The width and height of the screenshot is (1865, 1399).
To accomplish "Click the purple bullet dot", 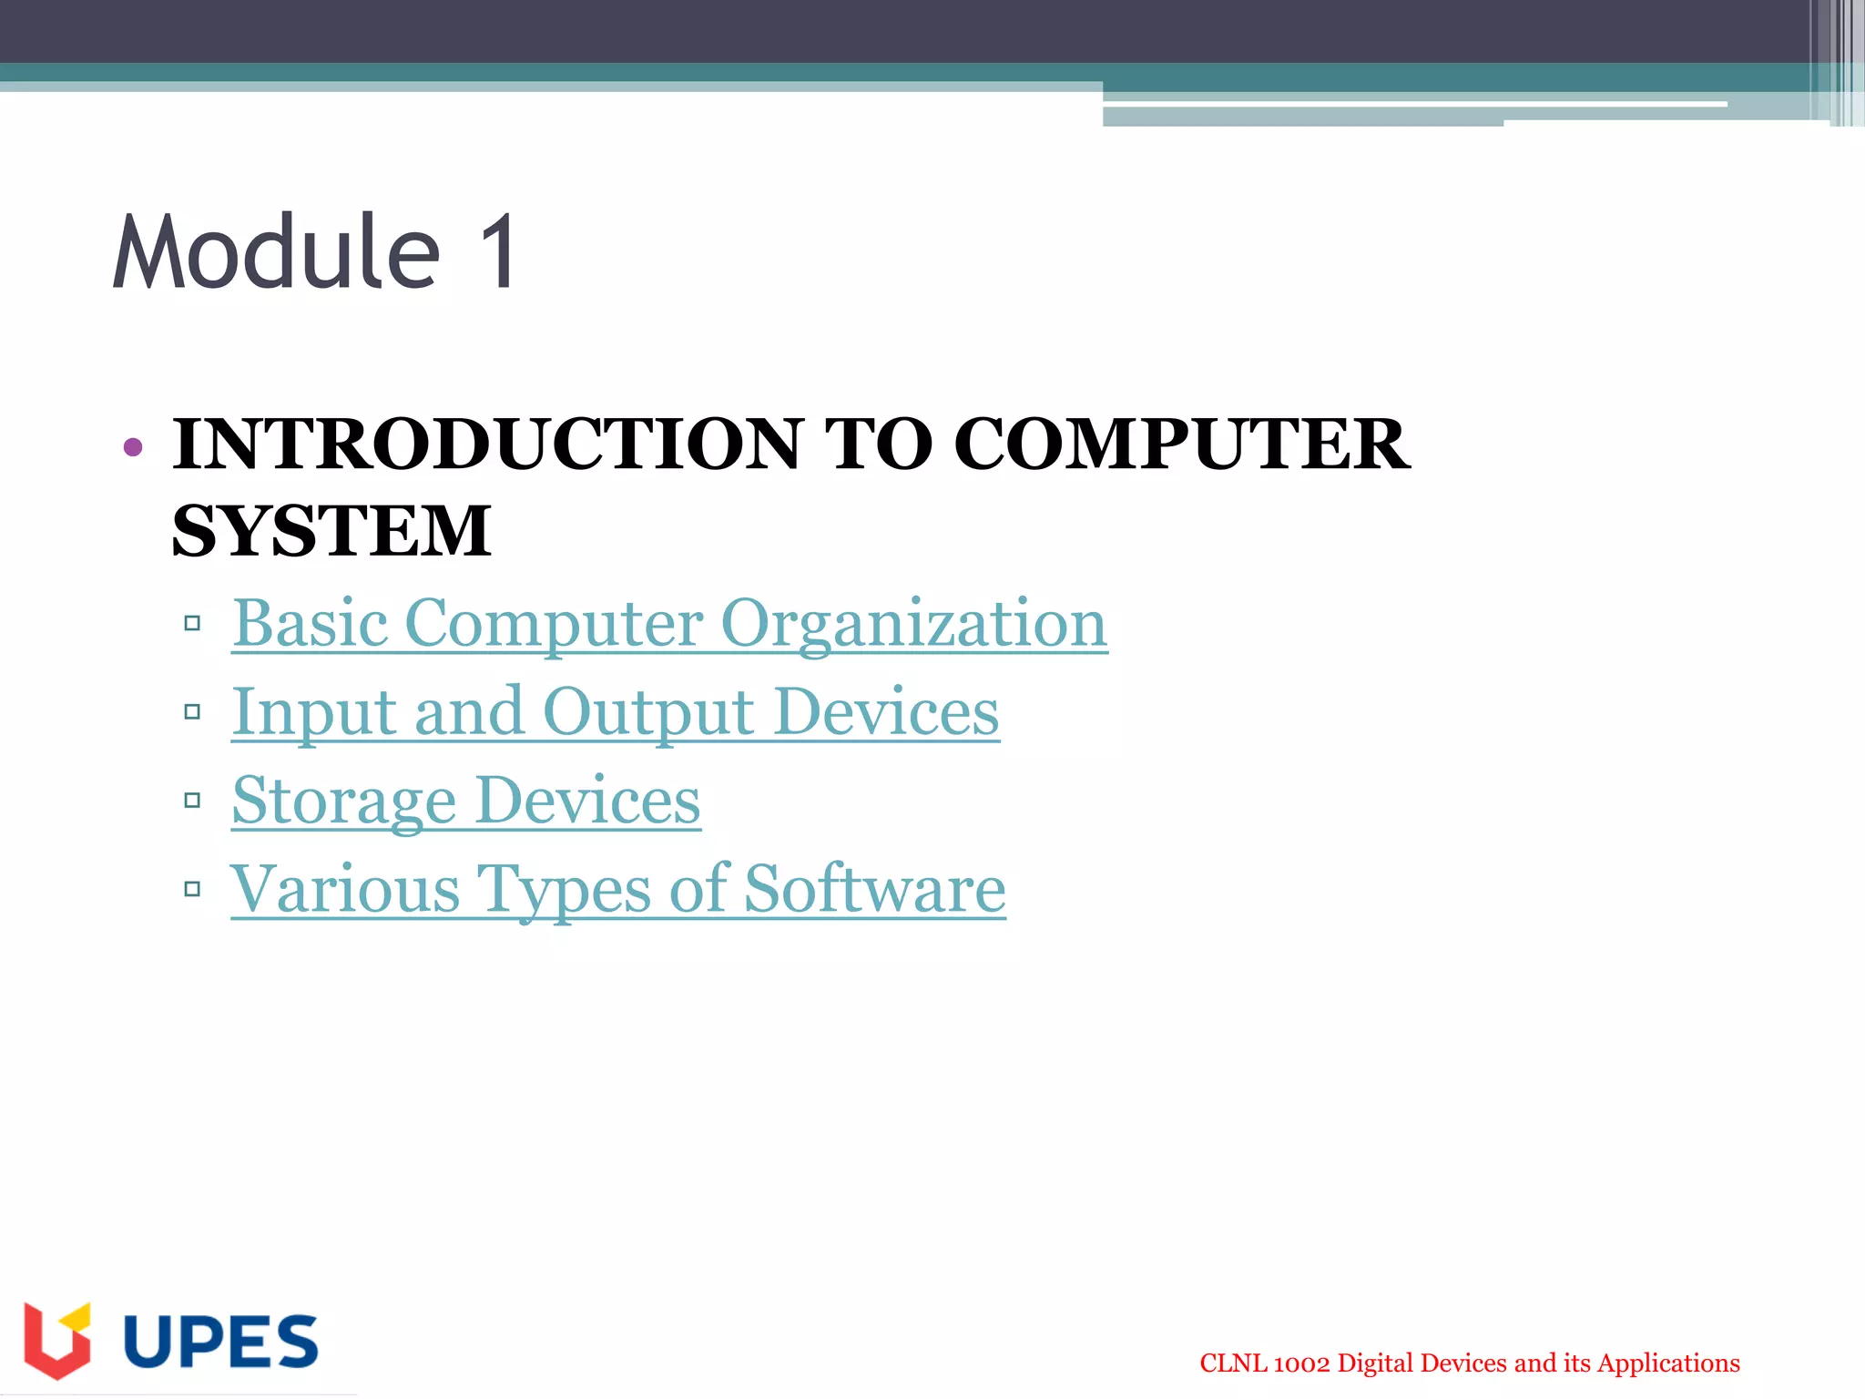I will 133,446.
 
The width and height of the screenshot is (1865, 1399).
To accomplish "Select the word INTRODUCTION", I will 488,444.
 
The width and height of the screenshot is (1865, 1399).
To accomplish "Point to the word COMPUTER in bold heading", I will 1181,444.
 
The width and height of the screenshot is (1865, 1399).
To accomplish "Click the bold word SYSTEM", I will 331,532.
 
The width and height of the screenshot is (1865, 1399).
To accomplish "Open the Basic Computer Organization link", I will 669,624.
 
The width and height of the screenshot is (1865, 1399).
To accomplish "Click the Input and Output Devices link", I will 616,712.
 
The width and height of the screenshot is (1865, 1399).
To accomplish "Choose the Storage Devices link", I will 466,801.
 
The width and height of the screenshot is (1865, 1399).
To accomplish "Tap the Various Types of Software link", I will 618,889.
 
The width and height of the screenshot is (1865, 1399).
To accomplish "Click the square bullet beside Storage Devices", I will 192,801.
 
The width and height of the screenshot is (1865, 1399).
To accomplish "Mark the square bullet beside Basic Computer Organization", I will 192,624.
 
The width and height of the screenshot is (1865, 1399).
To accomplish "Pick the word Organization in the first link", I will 913,624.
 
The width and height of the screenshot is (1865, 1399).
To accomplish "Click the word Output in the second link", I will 648,712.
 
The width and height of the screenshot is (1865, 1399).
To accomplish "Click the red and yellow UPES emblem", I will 57,1340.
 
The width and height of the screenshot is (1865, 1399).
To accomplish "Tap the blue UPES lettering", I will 220,1342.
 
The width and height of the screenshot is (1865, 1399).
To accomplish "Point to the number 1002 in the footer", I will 1301,1363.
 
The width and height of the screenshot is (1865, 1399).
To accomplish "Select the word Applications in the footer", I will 1668,1363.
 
